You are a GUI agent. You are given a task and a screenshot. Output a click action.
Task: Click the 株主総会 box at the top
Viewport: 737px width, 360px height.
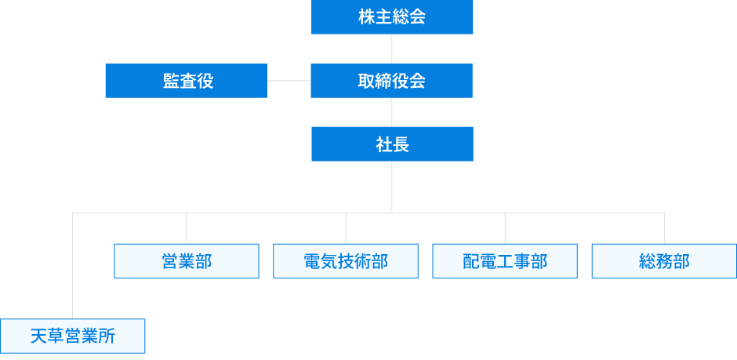point(392,17)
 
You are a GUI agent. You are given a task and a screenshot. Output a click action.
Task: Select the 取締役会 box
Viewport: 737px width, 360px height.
point(392,81)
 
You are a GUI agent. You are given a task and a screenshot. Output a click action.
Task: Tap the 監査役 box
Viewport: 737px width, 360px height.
point(187,81)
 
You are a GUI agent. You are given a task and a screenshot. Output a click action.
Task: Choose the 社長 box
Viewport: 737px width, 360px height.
point(392,144)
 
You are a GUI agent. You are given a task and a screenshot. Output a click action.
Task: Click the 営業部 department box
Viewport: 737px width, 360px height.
point(187,261)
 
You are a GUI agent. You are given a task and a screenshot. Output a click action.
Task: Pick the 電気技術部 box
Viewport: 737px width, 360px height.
point(346,261)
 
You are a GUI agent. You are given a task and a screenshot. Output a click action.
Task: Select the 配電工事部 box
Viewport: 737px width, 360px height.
point(505,261)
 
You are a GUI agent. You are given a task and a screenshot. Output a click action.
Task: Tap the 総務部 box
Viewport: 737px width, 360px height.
point(664,261)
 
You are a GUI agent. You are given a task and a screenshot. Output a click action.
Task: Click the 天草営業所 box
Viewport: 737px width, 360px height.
point(73,336)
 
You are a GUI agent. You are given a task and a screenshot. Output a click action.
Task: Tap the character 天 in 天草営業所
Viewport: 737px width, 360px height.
point(39,336)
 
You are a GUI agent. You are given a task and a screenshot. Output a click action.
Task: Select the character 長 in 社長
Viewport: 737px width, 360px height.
point(401,144)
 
